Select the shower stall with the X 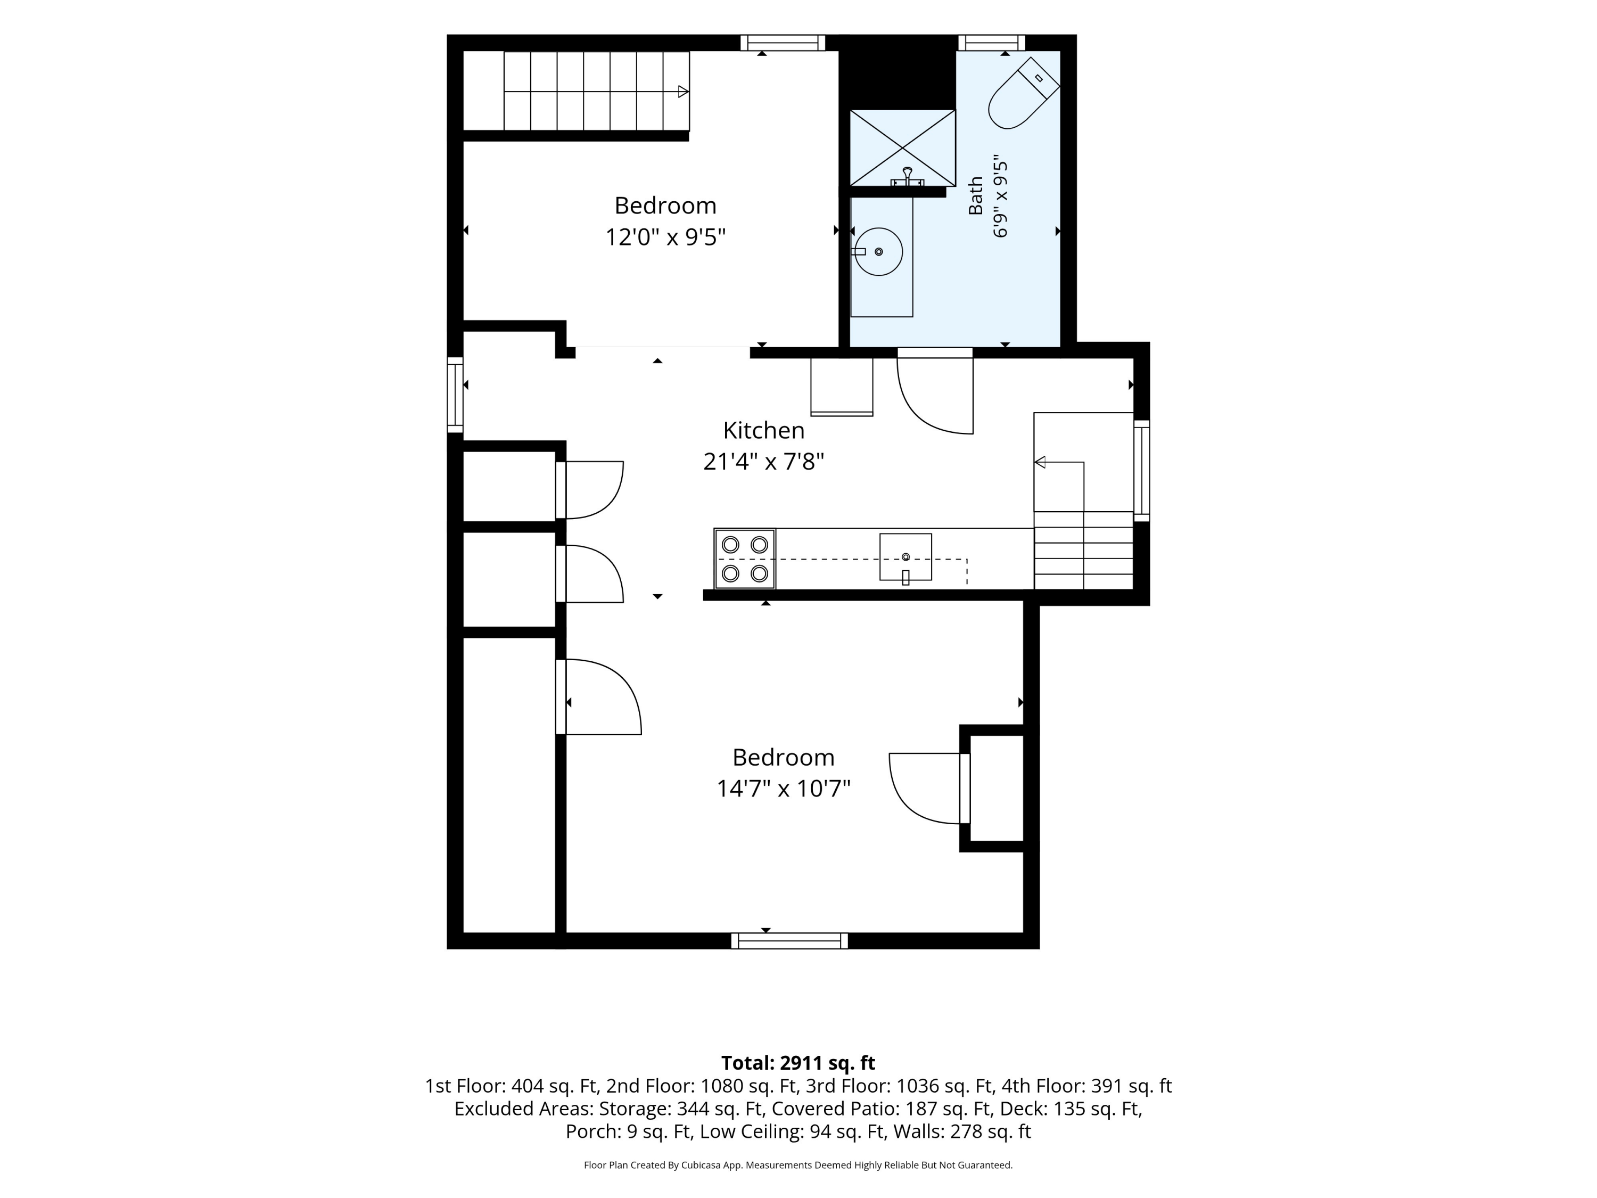902,148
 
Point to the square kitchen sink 905,557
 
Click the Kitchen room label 764,430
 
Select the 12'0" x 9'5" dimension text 665,237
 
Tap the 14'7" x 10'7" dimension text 784,788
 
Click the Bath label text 975,196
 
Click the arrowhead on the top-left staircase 683,92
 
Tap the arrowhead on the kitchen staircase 1040,462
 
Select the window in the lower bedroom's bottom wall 789,941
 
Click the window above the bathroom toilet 991,43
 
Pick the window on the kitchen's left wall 455,395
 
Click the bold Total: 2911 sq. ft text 798,1063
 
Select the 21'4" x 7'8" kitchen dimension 764,462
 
